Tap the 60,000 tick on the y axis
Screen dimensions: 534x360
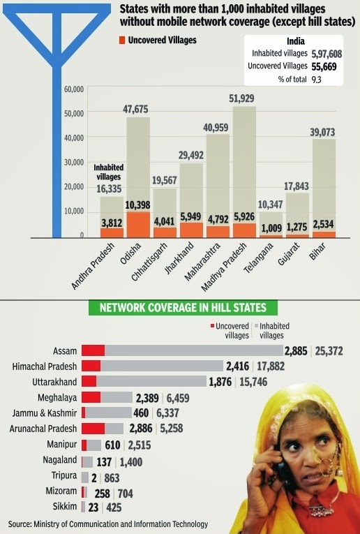73,89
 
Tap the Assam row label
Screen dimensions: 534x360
64,350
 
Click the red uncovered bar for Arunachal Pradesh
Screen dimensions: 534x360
93,429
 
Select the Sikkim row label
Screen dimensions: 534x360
65,507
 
